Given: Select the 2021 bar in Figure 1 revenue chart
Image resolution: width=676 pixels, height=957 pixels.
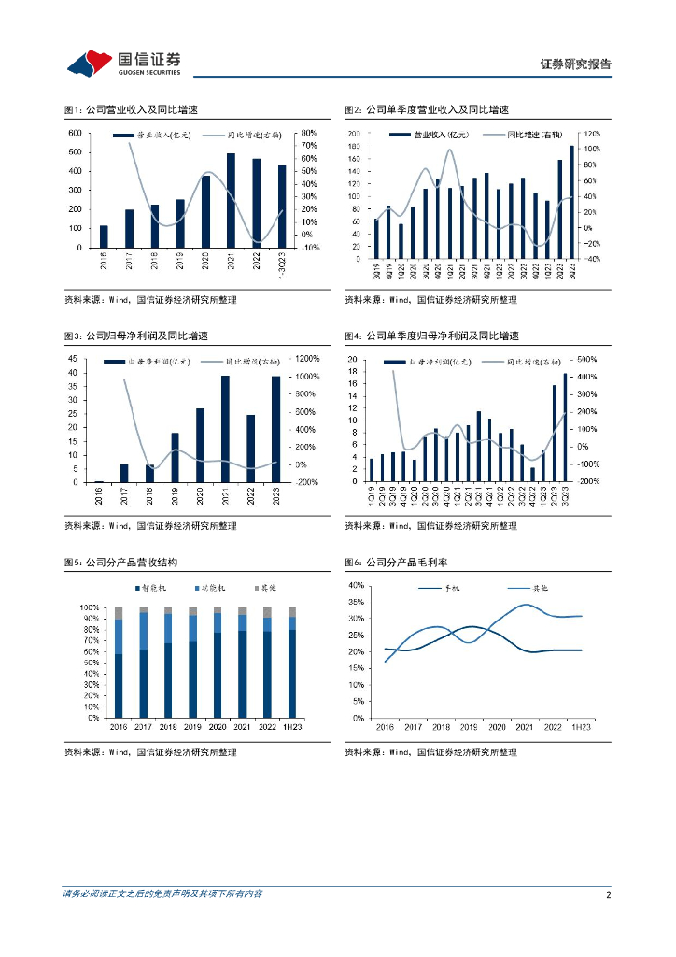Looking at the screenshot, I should pos(232,200).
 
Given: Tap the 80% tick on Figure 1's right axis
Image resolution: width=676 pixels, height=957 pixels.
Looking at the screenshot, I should pos(309,134).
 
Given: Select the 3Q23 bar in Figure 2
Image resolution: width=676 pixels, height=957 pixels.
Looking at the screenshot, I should pos(571,202).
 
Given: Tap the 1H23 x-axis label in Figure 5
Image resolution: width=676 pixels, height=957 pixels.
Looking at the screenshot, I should pos(293,726).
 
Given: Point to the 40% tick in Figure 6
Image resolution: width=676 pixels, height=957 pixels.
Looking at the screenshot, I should pos(356,585).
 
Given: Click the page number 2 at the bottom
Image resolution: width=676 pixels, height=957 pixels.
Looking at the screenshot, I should pos(608,893).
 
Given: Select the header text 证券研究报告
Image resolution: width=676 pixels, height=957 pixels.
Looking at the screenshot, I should pos(576,64).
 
